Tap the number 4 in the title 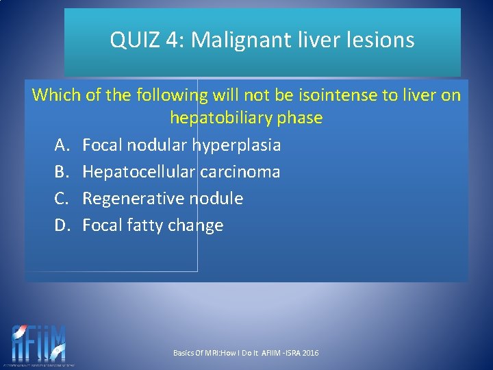point(172,40)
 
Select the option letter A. point(62,145)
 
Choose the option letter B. point(62,171)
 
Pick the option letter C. point(62,198)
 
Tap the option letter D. point(62,225)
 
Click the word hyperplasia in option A point(237,145)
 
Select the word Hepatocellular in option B point(139,171)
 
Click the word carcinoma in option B point(240,171)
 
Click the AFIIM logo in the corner point(39,344)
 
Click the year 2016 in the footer point(310,353)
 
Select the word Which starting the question point(56,95)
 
